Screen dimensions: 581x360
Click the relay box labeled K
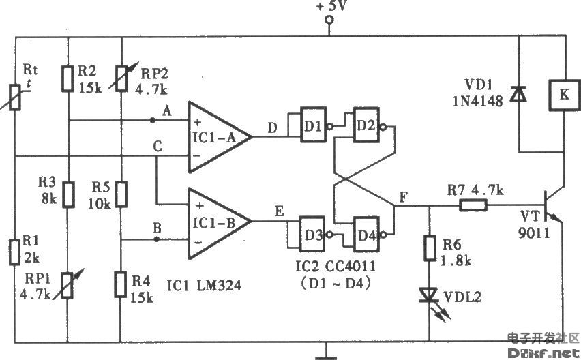point(564,95)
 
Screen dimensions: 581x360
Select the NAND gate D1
point(314,125)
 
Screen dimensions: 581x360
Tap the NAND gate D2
point(366,125)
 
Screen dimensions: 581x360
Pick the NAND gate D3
point(314,234)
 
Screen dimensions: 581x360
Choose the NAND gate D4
point(366,234)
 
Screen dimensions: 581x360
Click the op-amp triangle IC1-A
point(219,137)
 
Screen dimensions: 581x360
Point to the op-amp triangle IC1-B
point(219,224)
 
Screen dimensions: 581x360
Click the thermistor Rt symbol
point(15,97)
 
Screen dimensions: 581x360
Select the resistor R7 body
point(473,205)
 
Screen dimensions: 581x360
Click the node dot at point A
point(152,120)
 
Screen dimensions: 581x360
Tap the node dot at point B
point(157,239)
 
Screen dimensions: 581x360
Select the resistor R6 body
point(430,247)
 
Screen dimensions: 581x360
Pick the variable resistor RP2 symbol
point(121,78)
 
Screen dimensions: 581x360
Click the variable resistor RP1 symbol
point(68,285)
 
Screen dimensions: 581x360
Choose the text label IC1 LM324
point(204,286)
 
